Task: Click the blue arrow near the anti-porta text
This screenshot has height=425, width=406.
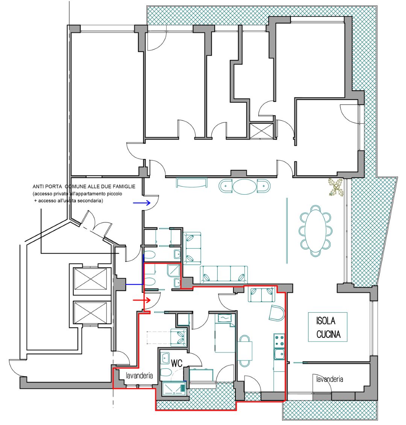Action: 142,203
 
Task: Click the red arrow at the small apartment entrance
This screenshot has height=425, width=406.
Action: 142,300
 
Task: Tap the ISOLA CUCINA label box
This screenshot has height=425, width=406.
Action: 328,327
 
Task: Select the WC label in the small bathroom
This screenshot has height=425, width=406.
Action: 177,363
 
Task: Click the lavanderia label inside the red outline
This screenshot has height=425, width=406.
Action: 139,375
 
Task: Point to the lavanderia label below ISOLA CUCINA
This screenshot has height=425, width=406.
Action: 330,379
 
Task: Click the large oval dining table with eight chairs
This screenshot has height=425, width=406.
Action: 315,231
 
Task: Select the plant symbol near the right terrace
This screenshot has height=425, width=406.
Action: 336,187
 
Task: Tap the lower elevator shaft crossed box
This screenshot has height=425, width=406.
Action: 90,313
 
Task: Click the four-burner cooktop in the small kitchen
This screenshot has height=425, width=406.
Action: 279,341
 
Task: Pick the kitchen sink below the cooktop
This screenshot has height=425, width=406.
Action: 279,354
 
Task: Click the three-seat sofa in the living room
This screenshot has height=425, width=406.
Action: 224,274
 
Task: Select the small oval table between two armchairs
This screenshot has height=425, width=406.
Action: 244,186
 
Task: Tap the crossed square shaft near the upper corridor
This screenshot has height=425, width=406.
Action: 262,131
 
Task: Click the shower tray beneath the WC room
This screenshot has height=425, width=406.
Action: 174,388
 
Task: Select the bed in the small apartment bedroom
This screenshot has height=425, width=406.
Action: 225,333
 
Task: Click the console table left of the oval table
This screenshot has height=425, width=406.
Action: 191,182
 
